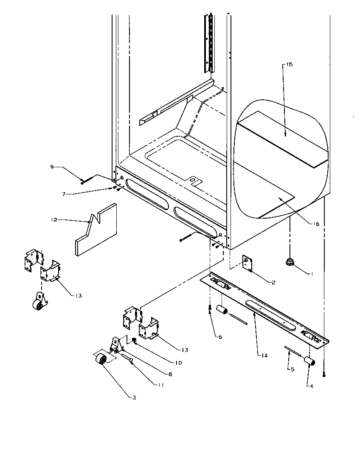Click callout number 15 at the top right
point(290,65)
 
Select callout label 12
point(53,220)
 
